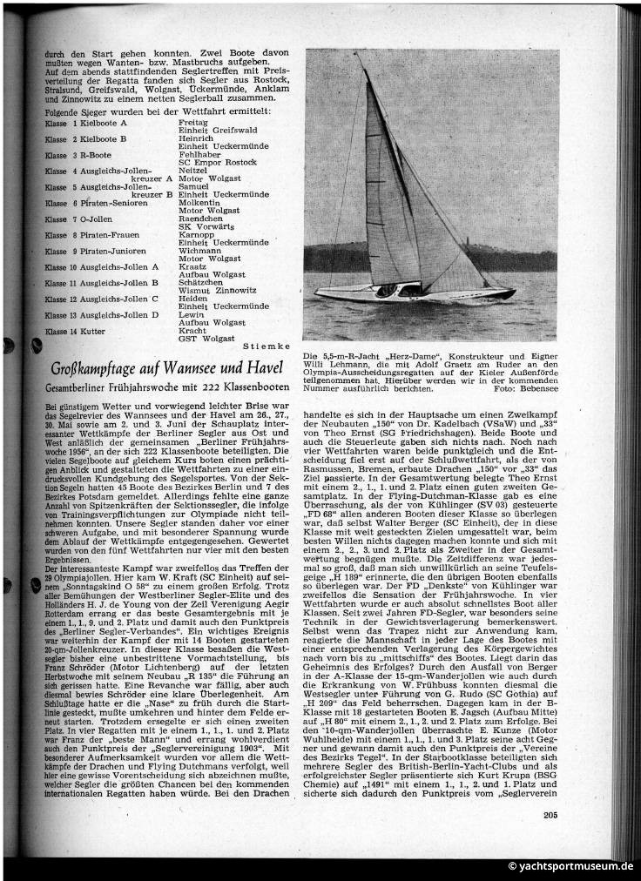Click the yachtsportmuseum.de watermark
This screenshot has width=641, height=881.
[x=570, y=866]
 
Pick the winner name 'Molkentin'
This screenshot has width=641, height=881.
[x=199, y=201]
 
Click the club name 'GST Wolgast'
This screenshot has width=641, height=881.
[x=206, y=338]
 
